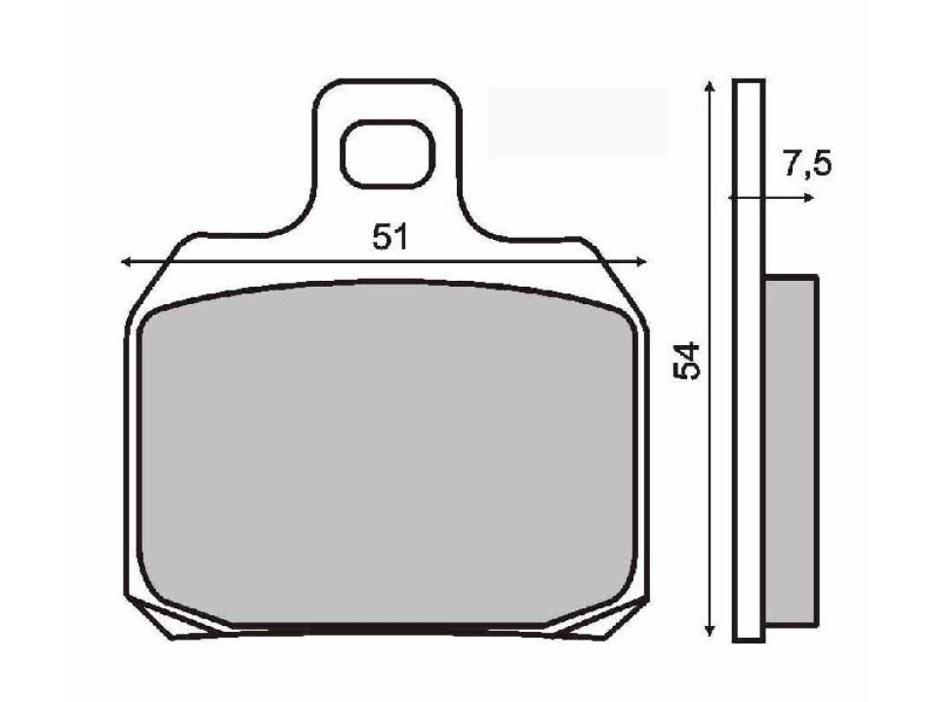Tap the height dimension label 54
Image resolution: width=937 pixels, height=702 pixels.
coord(689,361)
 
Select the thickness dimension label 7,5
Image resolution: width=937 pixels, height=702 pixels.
coord(806,165)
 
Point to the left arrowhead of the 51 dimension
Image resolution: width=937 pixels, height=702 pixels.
coord(125,261)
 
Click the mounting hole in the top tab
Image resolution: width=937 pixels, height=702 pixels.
coord(387,153)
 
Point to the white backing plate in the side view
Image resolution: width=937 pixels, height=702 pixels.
coord(747,361)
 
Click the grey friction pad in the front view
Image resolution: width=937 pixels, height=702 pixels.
coord(387,458)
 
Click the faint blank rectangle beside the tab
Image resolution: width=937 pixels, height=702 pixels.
coord(577,122)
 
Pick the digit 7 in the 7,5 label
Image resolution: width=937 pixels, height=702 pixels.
coord(792,165)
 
